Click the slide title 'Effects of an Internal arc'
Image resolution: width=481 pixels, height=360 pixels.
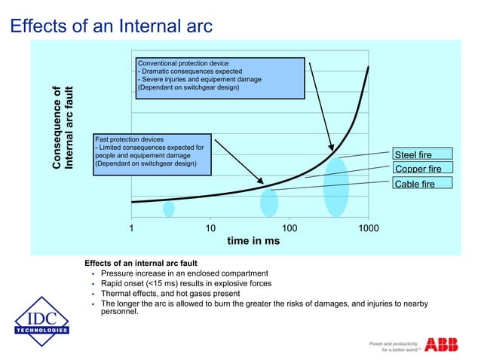(112, 26)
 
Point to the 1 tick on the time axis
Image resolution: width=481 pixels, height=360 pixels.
(131, 227)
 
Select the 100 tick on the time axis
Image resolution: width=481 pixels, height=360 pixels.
(289, 227)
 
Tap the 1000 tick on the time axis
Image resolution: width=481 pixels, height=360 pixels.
(368, 227)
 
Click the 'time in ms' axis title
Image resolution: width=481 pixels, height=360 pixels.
(253, 241)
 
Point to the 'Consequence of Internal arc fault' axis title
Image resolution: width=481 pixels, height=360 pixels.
(63, 129)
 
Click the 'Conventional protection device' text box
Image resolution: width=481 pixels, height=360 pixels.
(219, 77)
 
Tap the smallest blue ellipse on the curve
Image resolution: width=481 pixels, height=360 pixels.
(169, 209)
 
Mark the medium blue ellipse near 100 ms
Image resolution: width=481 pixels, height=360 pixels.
(269, 203)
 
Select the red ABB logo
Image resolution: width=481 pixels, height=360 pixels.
(441, 344)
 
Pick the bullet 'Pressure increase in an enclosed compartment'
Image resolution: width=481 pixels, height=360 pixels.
(184, 273)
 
